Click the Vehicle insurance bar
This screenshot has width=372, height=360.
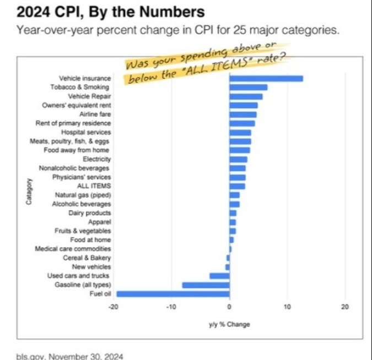pos(266,78)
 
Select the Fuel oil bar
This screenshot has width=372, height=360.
pos(172,294)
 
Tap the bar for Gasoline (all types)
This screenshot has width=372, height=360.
pos(205,285)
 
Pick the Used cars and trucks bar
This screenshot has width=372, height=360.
pos(219,276)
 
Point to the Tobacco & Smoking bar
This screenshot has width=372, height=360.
pos(248,87)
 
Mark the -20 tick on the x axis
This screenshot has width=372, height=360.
pos(114,307)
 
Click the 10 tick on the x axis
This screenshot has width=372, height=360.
pos(287,307)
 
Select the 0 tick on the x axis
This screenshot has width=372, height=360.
pos(229,307)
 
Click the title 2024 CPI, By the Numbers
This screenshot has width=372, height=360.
pos(104,10)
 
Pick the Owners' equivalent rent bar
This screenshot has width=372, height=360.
pos(243,105)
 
